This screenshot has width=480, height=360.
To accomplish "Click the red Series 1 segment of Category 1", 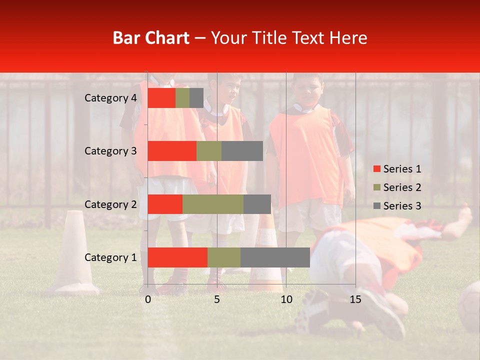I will (177, 257).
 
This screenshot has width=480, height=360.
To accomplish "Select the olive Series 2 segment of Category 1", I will (224, 257).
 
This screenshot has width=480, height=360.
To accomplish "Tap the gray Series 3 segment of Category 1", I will (275, 257).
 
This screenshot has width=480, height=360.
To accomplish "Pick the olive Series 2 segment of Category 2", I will (213, 204).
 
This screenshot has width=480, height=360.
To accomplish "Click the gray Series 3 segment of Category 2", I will (257, 204).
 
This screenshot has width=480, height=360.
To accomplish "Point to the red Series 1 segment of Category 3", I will (172, 151).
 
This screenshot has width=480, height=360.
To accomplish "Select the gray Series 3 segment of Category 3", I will (242, 151).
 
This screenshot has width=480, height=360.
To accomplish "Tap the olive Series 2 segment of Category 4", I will (182, 98).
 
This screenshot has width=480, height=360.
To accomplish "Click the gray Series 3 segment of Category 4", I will (196, 98).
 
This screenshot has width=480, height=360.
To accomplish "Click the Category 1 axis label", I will (110, 257).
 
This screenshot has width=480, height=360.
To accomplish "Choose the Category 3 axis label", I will (110, 151).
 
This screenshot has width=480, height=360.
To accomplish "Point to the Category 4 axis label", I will (110, 98).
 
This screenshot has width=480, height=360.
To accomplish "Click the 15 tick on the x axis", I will (355, 299).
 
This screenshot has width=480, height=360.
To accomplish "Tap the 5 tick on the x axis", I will (217, 299).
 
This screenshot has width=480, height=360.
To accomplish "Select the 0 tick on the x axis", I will (148, 299).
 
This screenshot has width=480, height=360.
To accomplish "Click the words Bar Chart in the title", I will (150, 38).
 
